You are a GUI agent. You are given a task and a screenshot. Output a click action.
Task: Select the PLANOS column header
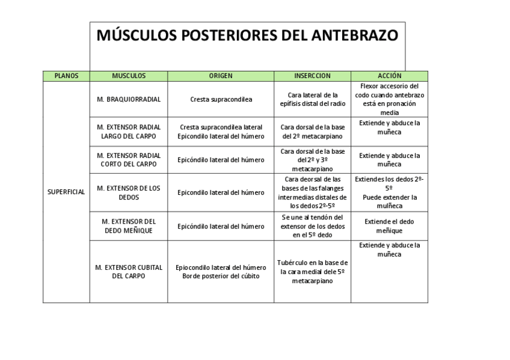[x=66, y=76]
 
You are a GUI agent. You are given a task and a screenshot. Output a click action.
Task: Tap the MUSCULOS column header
[x=129, y=76]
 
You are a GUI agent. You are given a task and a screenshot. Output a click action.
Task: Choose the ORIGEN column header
[x=221, y=76]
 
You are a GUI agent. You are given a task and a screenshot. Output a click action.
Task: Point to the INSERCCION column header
[x=312, y=76]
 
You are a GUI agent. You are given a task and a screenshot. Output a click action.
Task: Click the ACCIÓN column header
[x=389, y=76]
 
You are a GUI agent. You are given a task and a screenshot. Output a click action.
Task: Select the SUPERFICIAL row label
[x=66, y=192]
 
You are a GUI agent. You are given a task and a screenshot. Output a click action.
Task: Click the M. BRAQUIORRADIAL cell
[x=129, y=99]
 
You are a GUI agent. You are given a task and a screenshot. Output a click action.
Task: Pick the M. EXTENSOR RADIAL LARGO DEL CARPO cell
[x=129, y=132]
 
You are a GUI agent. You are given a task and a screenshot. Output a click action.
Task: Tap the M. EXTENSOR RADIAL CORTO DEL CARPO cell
[x=129, y=160]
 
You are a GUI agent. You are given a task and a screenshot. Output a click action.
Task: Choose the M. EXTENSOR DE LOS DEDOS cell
[x=129, y=192]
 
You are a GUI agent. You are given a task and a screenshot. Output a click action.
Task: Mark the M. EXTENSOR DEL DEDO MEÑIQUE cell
[x=129, y=226]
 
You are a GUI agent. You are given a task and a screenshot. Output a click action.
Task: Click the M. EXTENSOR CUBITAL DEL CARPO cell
[x=129, y=272]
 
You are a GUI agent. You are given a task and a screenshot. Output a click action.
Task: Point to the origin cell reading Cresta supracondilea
[x=221, y=99]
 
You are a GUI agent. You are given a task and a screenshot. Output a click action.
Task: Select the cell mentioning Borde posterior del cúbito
[x=221, y=272]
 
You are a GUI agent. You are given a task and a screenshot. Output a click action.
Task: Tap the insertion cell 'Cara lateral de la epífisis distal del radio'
[x=312, y=99]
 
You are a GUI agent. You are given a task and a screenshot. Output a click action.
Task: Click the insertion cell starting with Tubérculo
[x=312, y=272]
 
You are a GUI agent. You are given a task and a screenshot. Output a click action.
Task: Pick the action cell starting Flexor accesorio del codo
[x=389, y=99]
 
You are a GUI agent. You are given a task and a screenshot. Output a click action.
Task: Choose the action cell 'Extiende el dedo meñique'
[x=389, y=226]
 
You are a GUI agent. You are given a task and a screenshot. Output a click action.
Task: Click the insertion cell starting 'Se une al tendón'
[x=312, y=226]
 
